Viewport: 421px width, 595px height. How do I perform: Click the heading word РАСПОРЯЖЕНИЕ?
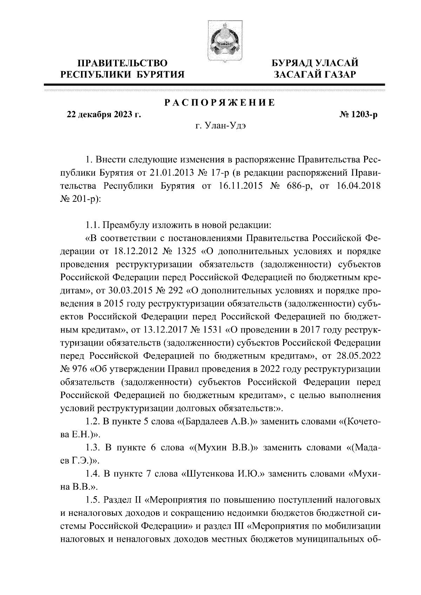[x=220, y=103]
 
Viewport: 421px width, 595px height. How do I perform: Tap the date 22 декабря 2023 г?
[x=104, y=115]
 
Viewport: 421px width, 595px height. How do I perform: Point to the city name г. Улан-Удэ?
[x=220, y=126]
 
